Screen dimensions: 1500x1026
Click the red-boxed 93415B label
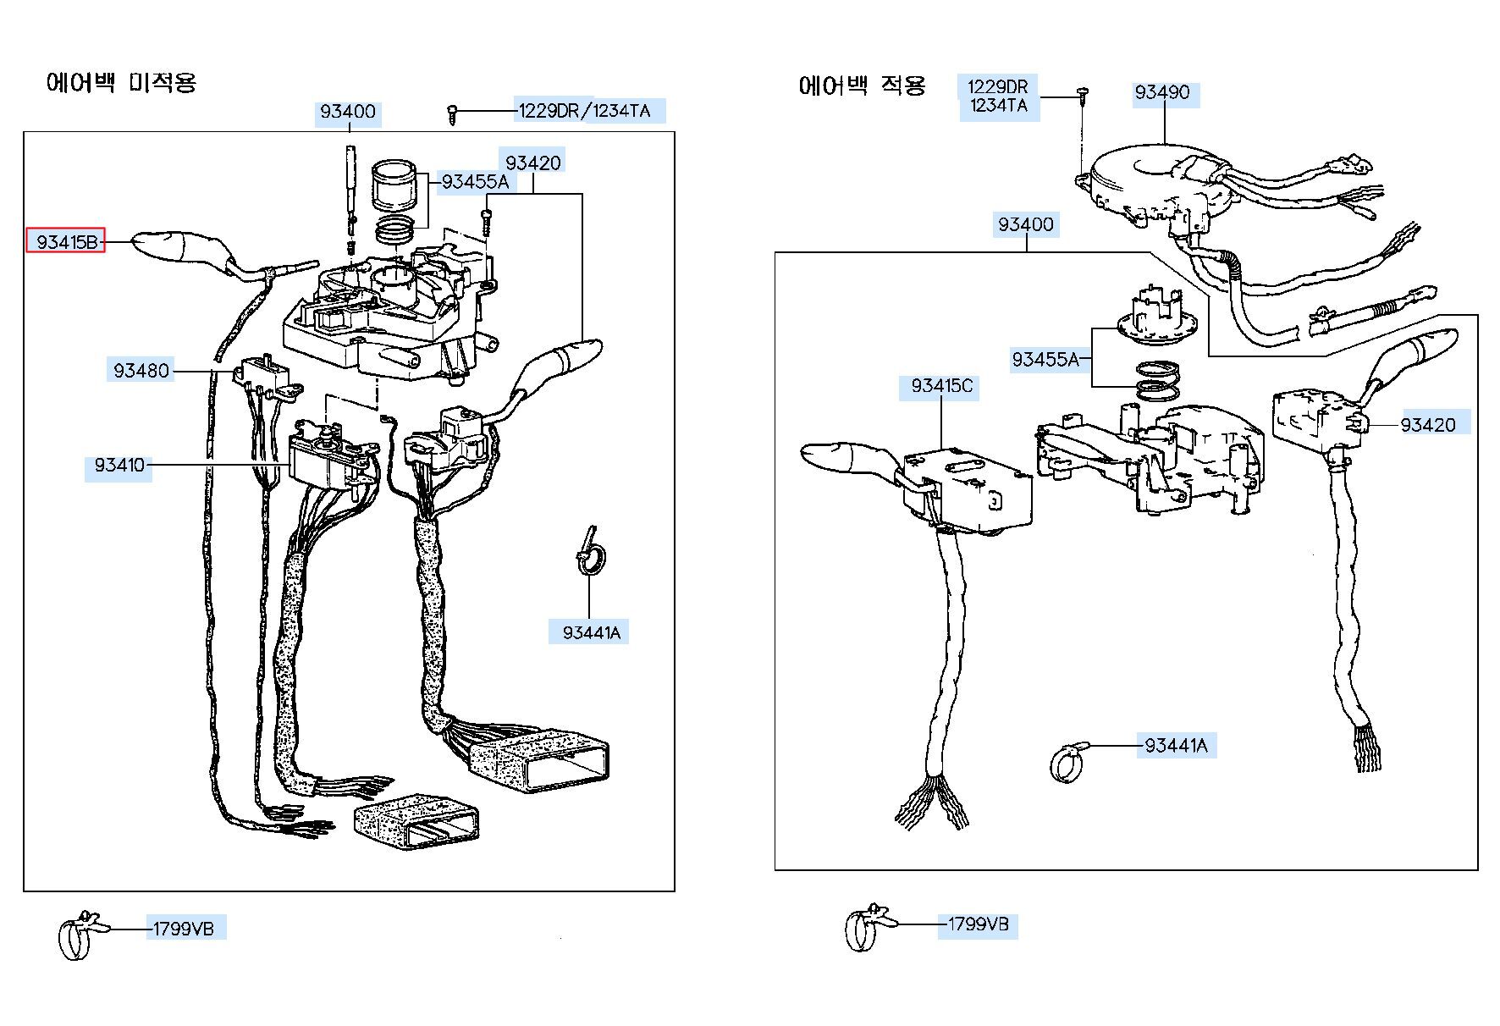pyautogui.click(x=65, y=241)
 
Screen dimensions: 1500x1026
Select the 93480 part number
pyautogui.click(x=141, y=370)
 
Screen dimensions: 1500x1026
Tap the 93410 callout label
pyautogui.click(x=119, y=465)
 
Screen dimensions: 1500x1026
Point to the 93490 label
pyautogui.click(x=1162, y=92)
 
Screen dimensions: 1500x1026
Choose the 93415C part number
pyautogui.click(x=942, y=386)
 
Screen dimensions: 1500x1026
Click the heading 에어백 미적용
pyautogui.click(x=121, y=83)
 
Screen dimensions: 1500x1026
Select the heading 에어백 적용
pyautogui.click(x=863, y=85)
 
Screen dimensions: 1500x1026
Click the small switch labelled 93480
pyautogui.click(x=264, y=376)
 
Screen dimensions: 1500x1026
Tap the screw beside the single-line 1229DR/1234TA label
pyautogui.click(x=454, y=113)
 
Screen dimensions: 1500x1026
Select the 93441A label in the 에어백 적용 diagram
pyautogui.click(x=1176, y=746)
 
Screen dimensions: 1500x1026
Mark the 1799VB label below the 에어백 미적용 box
pyautogui.click(x=184, y=929)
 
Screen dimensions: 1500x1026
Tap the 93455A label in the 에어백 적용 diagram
pyautogui.click(x=1045, y=360)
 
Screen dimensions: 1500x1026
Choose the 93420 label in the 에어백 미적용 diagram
pyautogui.click(x=533, y=163)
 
